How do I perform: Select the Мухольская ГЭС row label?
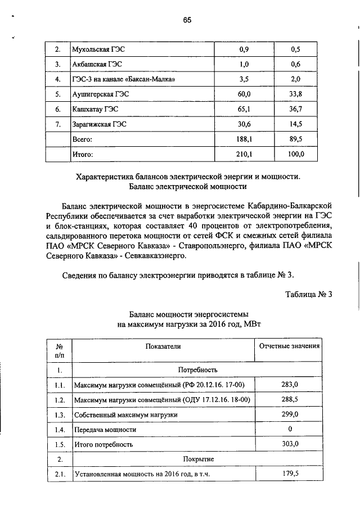93,49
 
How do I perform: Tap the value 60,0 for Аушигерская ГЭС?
244,93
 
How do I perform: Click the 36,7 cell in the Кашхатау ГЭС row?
296,108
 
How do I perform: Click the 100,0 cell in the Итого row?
296,152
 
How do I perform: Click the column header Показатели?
163,347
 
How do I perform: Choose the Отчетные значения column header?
289,346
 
